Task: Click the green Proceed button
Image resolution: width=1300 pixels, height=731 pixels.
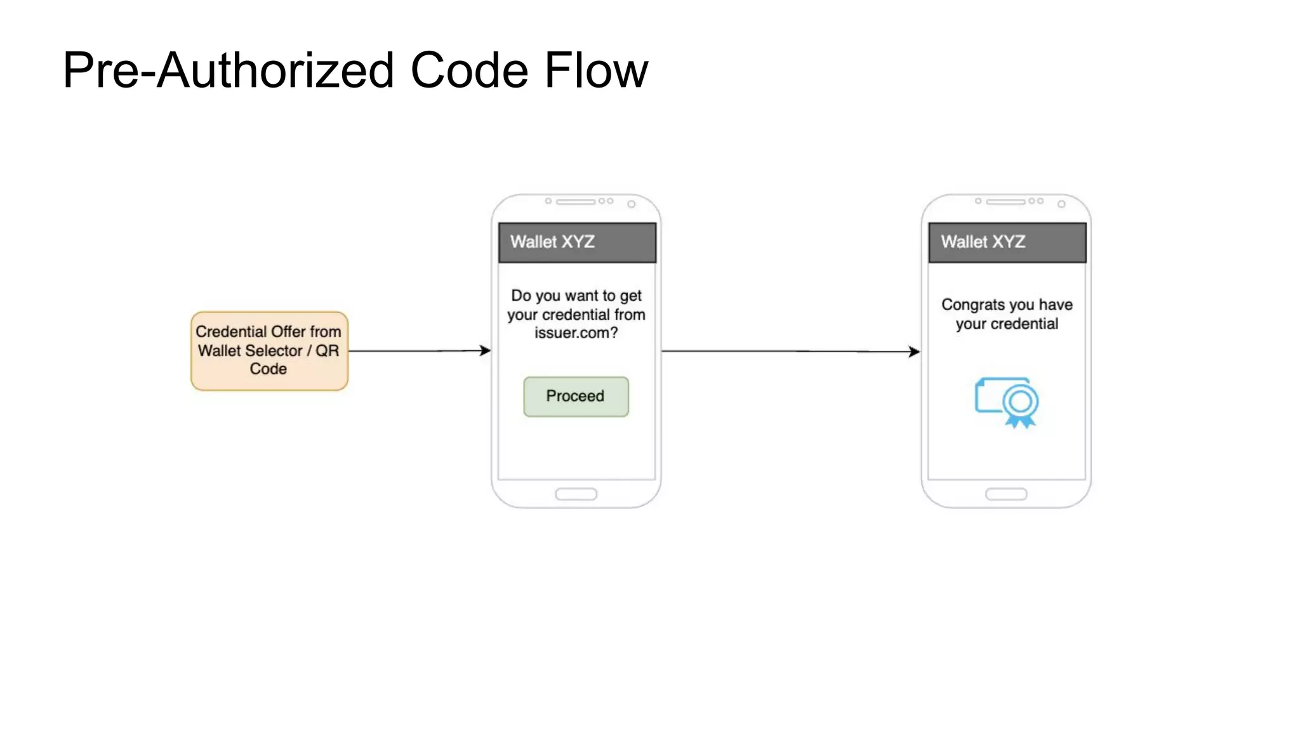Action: pyautogui.click(x=576, y=397)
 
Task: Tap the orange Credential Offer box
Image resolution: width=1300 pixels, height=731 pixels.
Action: pyautogui.click(x=269, y=350)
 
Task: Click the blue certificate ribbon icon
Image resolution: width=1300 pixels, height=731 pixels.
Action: pyautogui.click(x=1007, y=402)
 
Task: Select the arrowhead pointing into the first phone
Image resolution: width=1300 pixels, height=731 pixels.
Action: pyautogui.click(x=486, y=350)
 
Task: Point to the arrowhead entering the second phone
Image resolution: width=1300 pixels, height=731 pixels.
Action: pyautogui.click(x=915, y=352)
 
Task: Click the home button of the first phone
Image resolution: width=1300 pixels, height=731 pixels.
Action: pyautogui.click(x=576, y=494)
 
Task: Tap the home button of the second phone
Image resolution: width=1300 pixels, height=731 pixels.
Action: pyautogui.click(x=1006, y=494)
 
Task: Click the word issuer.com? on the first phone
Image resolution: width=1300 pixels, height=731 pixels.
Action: pyautogui.click(x=576, y=333)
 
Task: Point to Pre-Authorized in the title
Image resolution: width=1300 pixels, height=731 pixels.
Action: pyautogui.click(x=228, y=70)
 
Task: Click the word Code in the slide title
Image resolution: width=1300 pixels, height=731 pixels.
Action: pyautogui.click(x=469, y=70)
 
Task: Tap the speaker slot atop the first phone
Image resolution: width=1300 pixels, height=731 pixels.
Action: pyautogui.click(x=576, y=202)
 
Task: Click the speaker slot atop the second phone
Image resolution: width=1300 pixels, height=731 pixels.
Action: pyautogui.click(x=1005, y=202)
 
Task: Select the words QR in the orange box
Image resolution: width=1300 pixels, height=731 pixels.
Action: pyautogui.click(x=327, y=350)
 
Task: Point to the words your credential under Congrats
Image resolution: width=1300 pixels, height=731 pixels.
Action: pyautogui.click(x=1007, y=324)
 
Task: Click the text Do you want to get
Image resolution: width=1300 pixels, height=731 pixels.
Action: pyautogui.click(x=576, y=296)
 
